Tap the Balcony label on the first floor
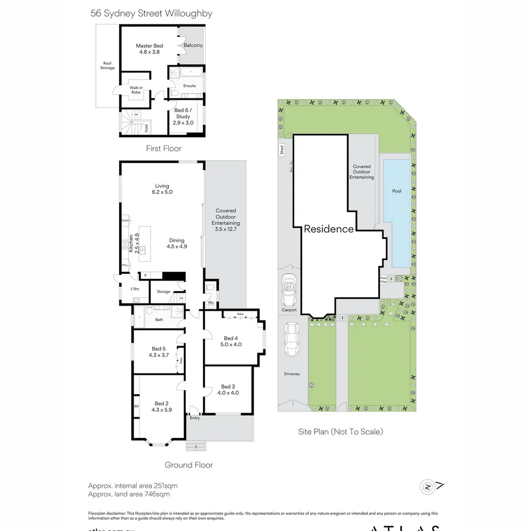(193, 45)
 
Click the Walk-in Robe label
(136, 90)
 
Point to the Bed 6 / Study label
(182, 117)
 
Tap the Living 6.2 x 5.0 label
(162, 189)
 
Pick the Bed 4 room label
(231, 341)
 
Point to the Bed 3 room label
(228, 389)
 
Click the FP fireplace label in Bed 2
(136, 407)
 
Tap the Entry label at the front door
(195, 418)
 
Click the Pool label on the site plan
(396, 191)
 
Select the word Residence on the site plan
(328, 229)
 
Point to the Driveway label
(292, 374)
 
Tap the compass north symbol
(427, 487)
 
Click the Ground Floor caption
(188, 465)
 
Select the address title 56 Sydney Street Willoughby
(151, 13)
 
